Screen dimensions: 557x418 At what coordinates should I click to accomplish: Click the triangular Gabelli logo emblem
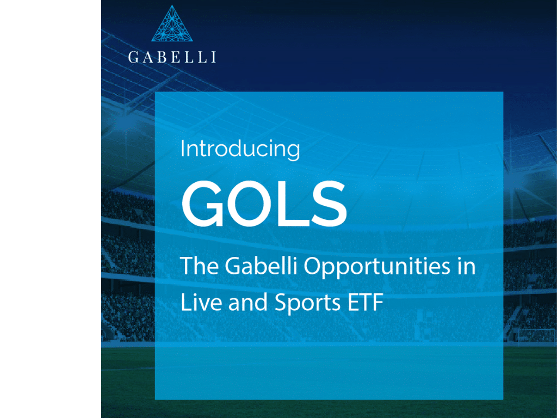[172, 24]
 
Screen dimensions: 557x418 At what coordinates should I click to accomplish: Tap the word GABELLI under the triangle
[172, 57]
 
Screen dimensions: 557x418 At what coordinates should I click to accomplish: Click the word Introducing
[240, 149]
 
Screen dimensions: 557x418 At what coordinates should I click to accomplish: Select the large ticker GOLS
[264, 204]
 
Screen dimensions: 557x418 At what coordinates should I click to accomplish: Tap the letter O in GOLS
[251, 204]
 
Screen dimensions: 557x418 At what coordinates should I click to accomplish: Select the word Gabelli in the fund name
[261, 266]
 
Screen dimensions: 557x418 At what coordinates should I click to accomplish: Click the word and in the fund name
[247, 302]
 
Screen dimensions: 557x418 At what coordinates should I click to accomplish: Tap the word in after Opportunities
[466, 266]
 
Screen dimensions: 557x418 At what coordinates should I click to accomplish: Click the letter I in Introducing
[182, 149]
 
